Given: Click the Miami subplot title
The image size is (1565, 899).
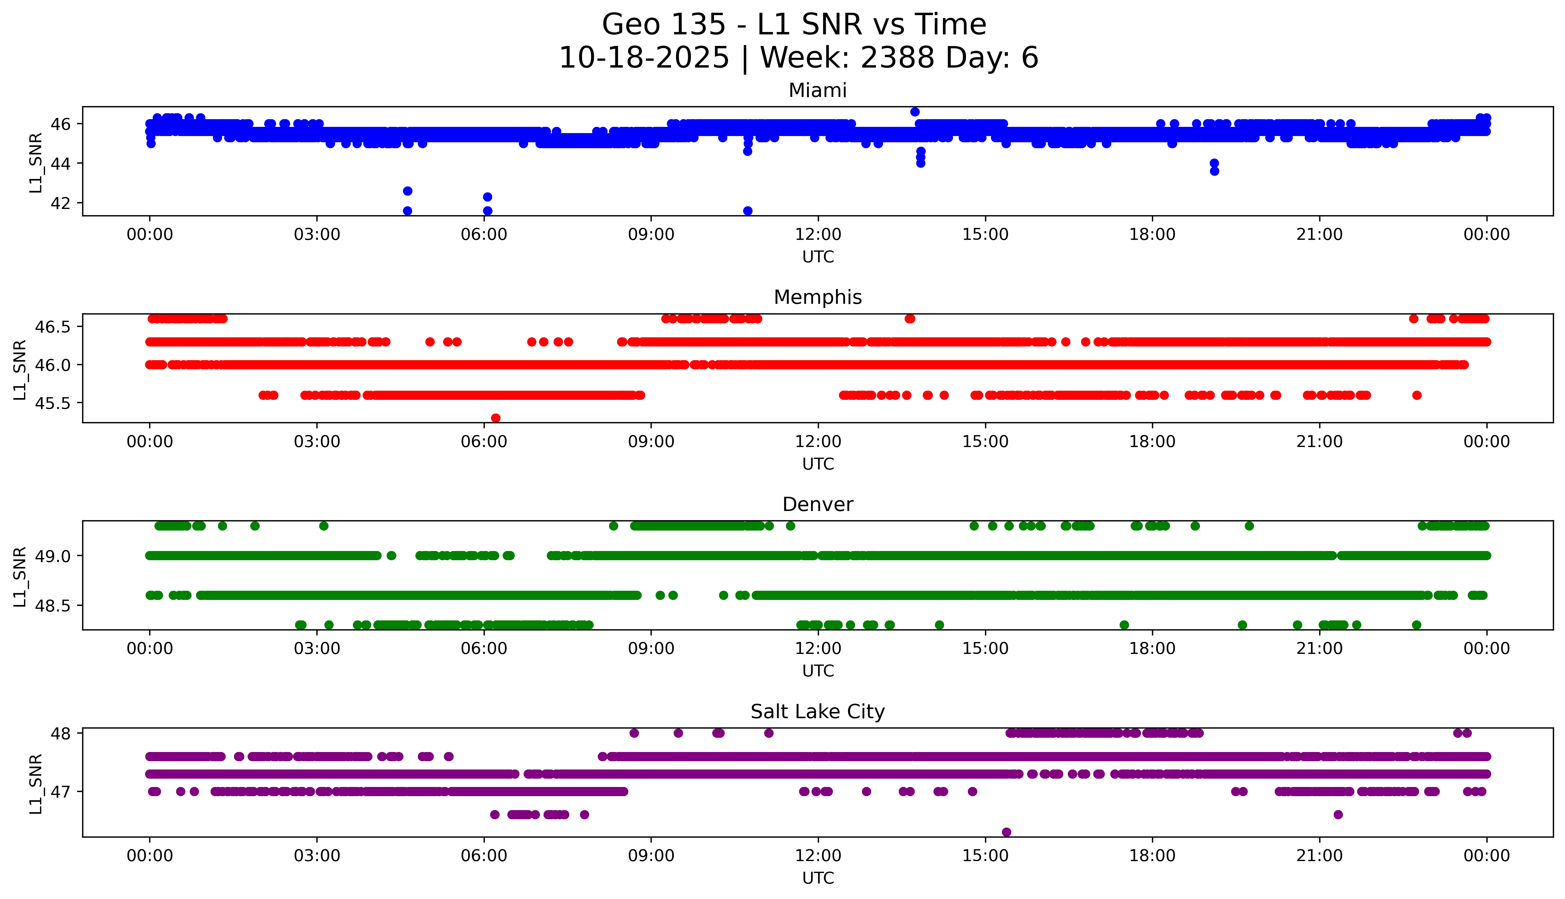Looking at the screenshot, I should (x=817, y=91).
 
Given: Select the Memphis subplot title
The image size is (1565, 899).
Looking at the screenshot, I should (x=817, y=298).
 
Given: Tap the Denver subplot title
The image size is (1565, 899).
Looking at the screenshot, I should (x=817, y=504).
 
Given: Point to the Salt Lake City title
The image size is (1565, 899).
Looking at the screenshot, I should (x=817, y=712).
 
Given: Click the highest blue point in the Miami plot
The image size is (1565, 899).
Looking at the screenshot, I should (x=915, y=112).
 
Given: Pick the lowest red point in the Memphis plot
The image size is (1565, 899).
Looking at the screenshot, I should (x=495, y=418).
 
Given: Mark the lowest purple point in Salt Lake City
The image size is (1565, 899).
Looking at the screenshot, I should (x=1006, y=832).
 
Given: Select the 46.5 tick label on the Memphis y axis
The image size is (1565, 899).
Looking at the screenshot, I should (x=54, y=327).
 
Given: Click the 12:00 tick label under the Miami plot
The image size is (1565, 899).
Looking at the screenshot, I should (x=818, y=235).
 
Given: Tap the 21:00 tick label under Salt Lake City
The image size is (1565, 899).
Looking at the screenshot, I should (x=1319, y=856).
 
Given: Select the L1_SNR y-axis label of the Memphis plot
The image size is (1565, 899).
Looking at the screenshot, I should (x=20, y=369).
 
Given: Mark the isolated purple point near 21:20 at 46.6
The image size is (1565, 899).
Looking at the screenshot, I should (x=1338, y=815).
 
